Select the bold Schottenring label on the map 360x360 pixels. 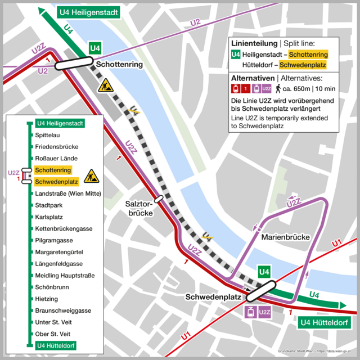[119, 65]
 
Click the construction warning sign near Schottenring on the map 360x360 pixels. [105, 85]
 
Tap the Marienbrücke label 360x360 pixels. [286, 237]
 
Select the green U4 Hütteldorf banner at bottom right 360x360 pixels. [323, 323]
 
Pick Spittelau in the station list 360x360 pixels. [48, 135]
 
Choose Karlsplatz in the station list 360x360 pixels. [49, 217]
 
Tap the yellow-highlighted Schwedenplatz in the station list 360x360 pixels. [56, 182]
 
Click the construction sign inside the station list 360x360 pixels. [91, 176]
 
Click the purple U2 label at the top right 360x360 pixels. [195, 22]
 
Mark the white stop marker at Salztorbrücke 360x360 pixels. [159, 198]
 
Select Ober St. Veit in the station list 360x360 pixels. [52, 334]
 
